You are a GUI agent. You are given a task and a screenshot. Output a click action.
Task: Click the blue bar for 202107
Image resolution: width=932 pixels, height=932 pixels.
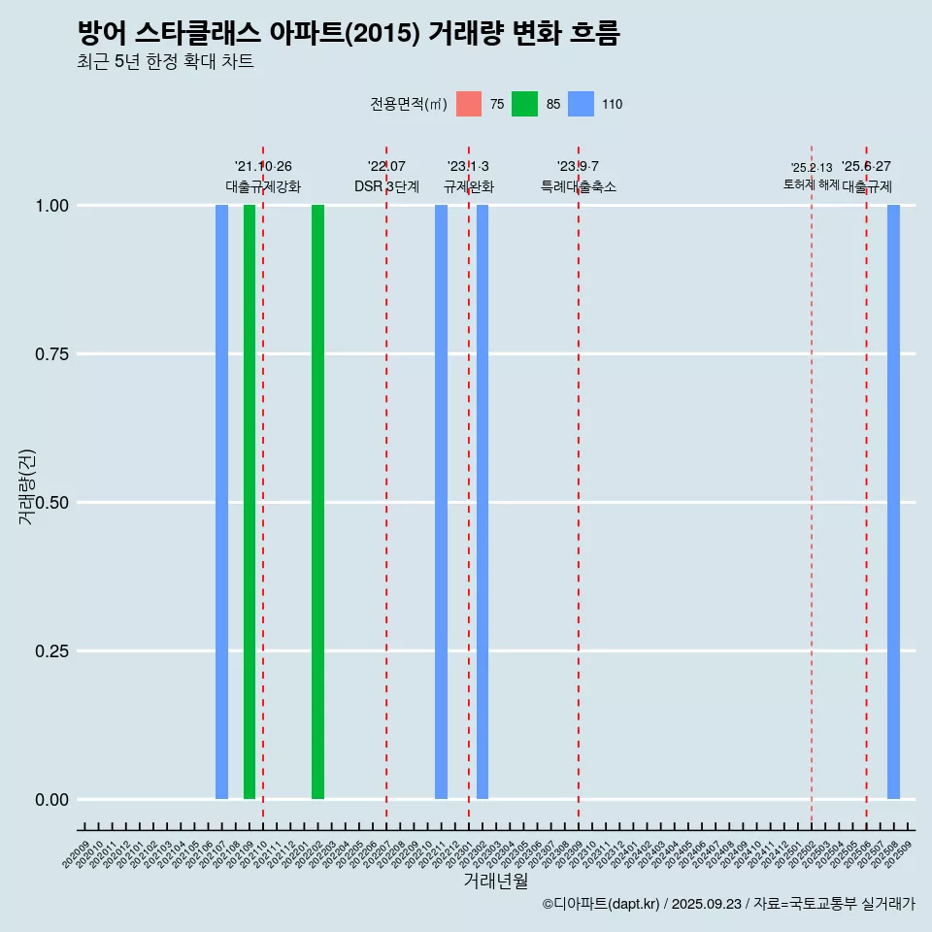tap(221, 502)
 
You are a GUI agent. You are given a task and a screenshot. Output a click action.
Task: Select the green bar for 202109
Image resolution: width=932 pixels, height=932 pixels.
tap(250, 502)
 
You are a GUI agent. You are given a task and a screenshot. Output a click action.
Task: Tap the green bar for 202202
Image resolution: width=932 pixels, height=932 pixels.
tap(317, 502)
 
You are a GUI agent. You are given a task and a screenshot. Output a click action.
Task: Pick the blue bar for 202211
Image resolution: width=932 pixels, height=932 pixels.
tap(441, 502)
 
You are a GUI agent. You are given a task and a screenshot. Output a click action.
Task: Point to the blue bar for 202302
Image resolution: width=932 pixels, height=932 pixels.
tap(483, 502)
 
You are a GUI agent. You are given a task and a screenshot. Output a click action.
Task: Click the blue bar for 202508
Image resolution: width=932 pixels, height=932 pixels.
tap(893, 502)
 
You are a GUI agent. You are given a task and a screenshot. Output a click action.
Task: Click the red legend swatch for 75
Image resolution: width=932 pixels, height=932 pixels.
tap(469, 104)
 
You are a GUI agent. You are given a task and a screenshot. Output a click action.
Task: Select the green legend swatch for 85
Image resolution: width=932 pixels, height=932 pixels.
tap(524, 104)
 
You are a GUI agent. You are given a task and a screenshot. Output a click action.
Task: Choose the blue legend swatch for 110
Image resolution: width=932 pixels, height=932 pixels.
tap(581, 104)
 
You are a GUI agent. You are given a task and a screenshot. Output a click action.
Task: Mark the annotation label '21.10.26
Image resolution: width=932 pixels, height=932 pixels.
tap(263, 166)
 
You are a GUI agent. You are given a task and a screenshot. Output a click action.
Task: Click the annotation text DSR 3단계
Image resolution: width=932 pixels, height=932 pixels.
tap(386, 186)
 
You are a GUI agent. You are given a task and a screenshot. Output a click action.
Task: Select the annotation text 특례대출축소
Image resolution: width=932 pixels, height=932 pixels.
tap(579, 186)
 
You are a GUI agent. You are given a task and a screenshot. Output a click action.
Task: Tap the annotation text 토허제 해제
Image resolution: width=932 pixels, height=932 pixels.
tap(811, 184)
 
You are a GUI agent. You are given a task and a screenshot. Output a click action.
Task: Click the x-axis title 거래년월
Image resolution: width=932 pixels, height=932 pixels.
tap(495, 882)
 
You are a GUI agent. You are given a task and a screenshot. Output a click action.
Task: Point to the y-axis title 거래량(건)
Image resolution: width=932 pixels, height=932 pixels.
tap(27, 487)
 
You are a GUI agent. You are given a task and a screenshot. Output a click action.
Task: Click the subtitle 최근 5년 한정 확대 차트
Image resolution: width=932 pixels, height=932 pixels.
tap(165, 62)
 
